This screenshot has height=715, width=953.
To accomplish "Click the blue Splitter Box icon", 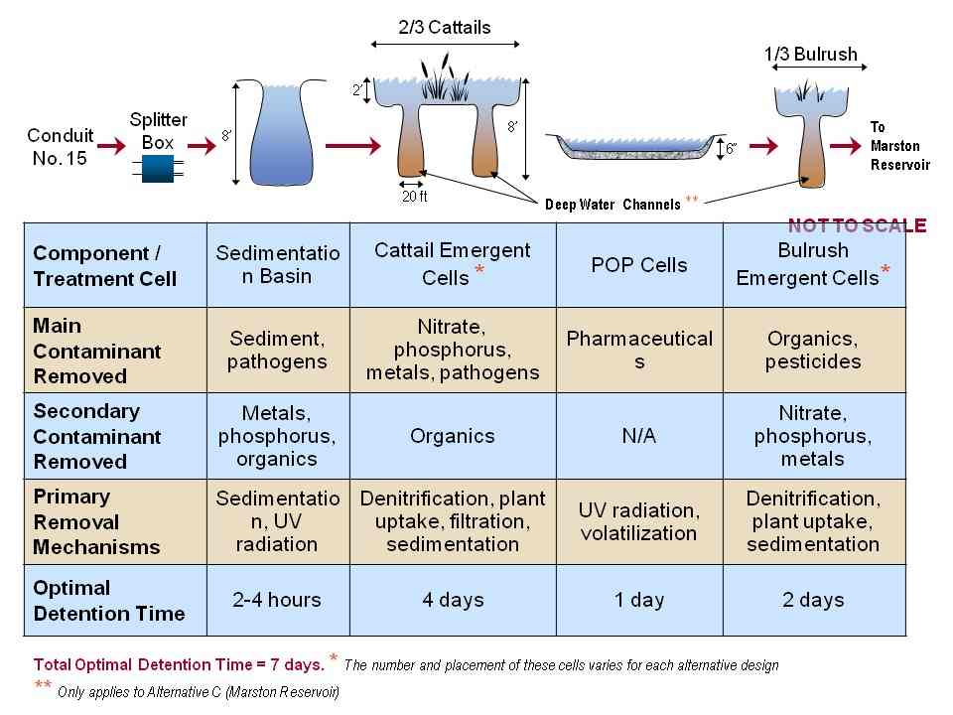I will [x=158, y=168].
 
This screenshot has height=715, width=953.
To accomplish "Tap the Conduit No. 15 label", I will [x=61, y=145].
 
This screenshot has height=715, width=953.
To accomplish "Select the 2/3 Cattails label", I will [x=445, y=28].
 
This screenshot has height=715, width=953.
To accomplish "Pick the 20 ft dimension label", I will [x=414, y=197].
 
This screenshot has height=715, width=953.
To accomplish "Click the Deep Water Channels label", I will [x=613, y=205].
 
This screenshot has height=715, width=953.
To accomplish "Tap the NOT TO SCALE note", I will [x=857, y=225].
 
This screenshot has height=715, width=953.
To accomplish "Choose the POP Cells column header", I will [x=639, y=265].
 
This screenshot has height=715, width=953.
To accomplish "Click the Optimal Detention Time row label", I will [x=109, y=601].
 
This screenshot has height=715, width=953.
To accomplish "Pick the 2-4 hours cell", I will [x=278, y=600].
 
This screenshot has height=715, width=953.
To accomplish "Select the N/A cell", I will [x=639, y=436].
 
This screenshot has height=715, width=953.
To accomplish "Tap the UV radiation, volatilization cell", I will [x=639, y=522].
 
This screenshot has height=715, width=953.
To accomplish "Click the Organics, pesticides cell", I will [x=813, y=350].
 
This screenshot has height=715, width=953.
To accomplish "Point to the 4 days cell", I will [x=453, y=600].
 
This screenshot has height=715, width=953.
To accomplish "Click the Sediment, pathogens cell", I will [x=277, y=350].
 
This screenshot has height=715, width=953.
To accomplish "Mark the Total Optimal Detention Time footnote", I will [x=179, y=664].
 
